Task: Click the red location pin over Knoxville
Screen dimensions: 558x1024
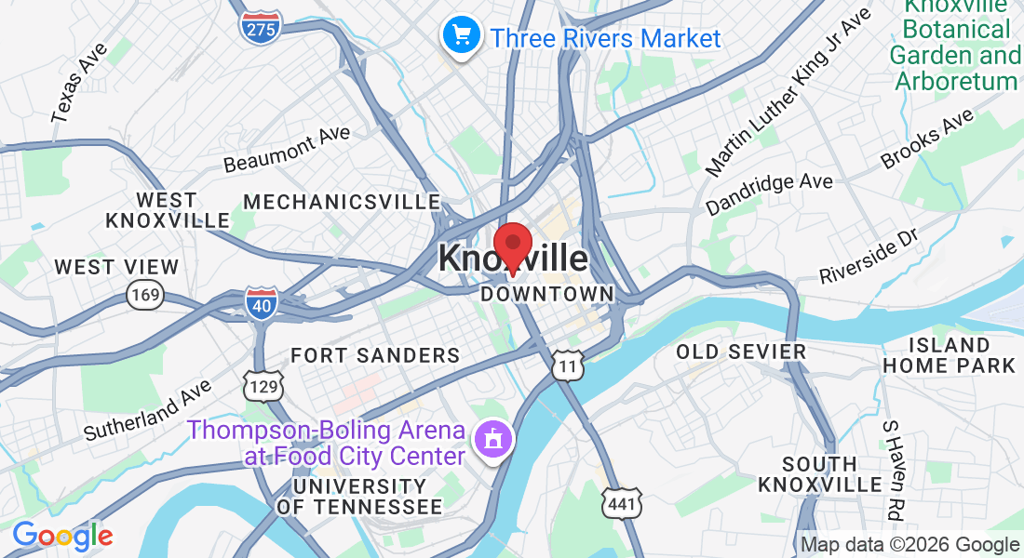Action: click(512, 246)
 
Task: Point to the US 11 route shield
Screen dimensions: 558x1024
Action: click(568, 365)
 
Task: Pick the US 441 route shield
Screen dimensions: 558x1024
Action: click(621, 502)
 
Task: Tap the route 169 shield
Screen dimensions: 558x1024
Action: click(146, 295)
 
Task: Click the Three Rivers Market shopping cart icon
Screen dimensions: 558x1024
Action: click(460, 35)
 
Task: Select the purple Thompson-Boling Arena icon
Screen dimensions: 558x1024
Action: click(492, 437)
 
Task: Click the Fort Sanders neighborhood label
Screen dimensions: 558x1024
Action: click(375, 355)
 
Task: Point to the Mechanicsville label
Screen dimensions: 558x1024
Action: click(342, 202)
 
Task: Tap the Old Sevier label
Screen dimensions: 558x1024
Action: click(741, 352)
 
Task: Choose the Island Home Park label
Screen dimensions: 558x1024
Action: click(949, 355)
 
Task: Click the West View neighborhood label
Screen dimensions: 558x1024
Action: click(116, 267)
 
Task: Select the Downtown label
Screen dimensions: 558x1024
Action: click(547, 294)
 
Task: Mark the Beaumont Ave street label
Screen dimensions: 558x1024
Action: click(287, 149)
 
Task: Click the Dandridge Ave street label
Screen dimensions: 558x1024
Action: click(769, 193)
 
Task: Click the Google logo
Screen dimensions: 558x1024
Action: click(62, 537)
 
